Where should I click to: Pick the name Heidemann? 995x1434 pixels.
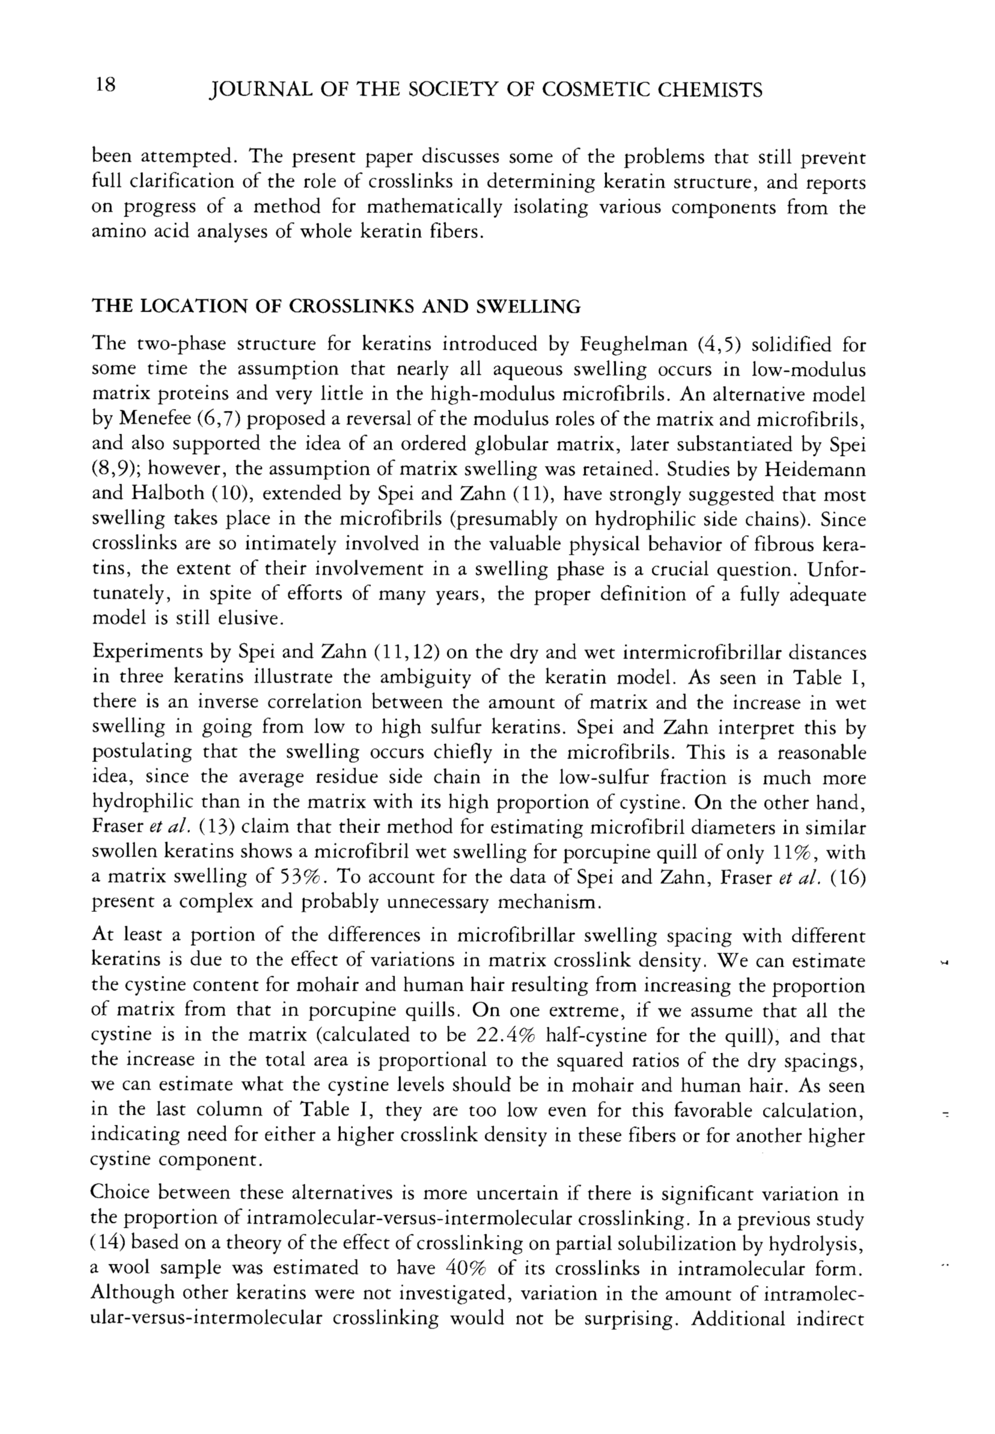(x=816, y=470)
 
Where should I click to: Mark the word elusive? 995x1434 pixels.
(x=248, y=620)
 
